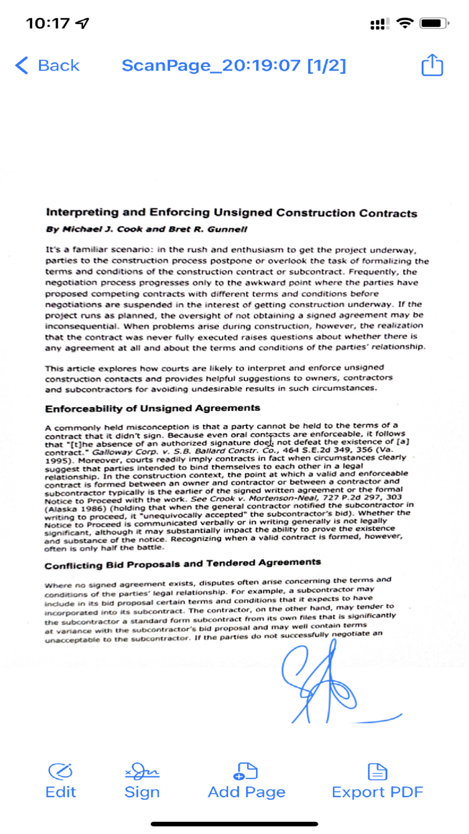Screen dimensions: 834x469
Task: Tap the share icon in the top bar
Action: click(432, 65)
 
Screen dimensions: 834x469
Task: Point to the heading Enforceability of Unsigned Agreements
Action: click(152, 408)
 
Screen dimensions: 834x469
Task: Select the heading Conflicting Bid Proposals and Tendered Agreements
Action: click(183, 562)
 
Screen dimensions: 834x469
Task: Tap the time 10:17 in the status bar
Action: click(48, 23)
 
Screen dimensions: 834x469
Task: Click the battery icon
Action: click(434, 23)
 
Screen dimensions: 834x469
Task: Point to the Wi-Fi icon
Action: click(405, 23)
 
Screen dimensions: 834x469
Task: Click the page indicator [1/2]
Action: click(327, 65)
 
